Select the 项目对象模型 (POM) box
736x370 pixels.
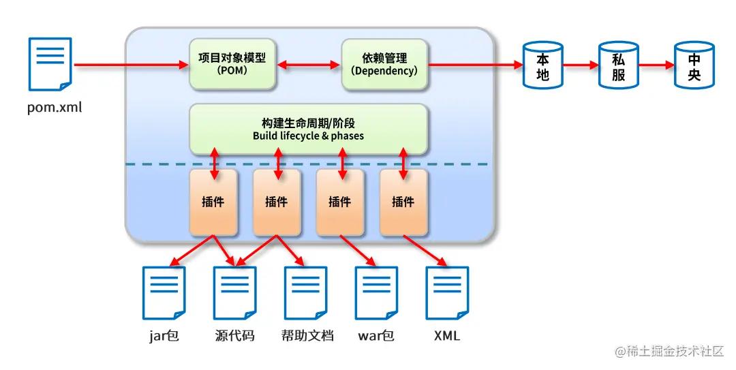[232, 65]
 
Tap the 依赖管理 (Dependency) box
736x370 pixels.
[384, 65]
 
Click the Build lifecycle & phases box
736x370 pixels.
[308, 129]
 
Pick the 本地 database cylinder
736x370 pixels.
[543, 66]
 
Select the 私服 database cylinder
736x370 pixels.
[619, 66]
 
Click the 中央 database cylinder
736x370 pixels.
[694, 66]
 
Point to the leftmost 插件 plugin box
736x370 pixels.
[213, 202]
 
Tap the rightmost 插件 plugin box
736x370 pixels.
[403, 202]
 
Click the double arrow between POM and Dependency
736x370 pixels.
[308, 65]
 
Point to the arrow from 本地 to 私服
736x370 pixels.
[581, 66]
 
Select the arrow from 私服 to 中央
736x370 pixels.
[656, 66]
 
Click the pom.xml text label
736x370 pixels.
[55, 107]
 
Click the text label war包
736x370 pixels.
[376, 336]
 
